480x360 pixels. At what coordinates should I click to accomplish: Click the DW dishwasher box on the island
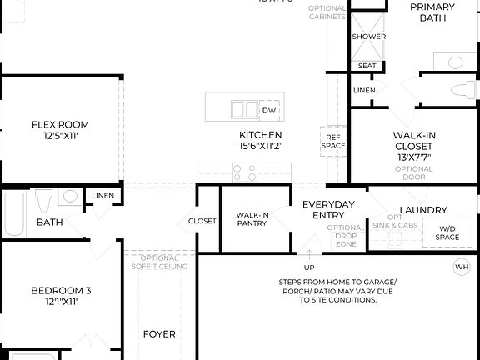(x=268, y=110)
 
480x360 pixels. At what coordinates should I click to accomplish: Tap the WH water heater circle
(x=461, y=267)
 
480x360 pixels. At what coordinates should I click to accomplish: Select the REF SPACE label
(x=333, y=142)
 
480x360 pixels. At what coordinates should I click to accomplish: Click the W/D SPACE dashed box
(x=447, y=232)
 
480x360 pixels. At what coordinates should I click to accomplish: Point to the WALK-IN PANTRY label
(x=252, y=219)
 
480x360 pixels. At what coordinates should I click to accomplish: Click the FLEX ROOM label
(x=60, y=125)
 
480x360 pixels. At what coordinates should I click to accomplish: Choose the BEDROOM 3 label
(x=60, y=290)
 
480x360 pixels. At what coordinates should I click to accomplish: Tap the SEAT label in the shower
(x=367, y=66)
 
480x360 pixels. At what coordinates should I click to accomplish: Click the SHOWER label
(x=368, y=37)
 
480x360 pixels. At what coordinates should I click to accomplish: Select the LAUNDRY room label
(x=423, y=210)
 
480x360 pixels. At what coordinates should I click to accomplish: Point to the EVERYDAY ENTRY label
(x=328, y=210)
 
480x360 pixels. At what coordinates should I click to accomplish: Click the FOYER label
(x=159, y=334)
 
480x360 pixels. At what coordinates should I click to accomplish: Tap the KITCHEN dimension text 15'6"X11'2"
(x=260, y=147)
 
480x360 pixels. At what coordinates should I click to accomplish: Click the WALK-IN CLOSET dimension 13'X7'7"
(x=414, y=157)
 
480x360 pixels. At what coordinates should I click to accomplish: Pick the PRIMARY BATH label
(x=432, y=12)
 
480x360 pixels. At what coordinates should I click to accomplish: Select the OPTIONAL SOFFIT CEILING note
(x=157, y=262)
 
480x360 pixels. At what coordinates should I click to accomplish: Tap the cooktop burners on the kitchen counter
(x=244, y=172)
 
